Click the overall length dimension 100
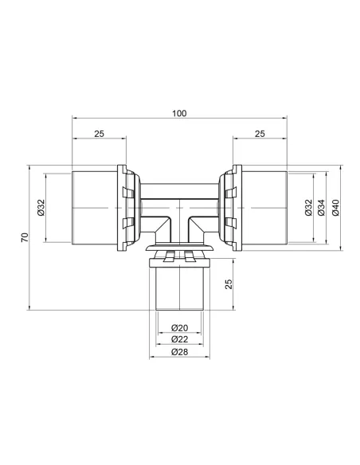click(179, 114)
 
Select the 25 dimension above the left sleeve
click(100, 134)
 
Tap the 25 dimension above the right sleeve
click(260, 134)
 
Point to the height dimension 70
click(25, 237)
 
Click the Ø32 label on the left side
click(41, 208)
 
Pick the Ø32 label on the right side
click(309, 208)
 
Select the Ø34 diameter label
click(321, 208)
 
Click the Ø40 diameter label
click(335, 208)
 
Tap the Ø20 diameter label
click(180, 328)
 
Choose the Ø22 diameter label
click(180, 339)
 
